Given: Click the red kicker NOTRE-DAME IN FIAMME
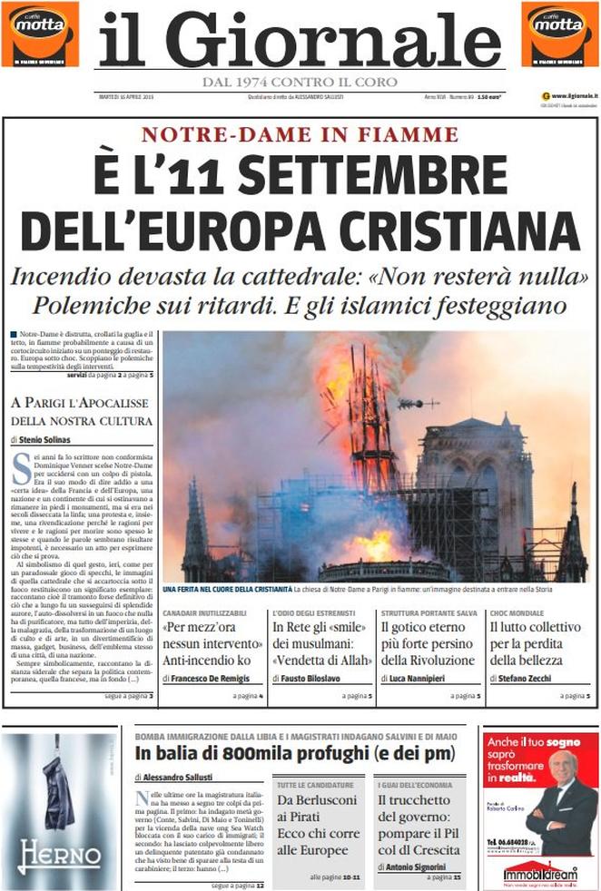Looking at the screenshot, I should [300, 134].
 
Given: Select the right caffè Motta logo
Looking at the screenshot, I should [560, 34].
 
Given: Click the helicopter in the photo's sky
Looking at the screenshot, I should [414, 403].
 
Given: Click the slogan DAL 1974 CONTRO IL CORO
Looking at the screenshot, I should [300, 82].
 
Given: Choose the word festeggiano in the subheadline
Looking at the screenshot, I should [489, 304].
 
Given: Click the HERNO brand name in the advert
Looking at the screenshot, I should [59, 855].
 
